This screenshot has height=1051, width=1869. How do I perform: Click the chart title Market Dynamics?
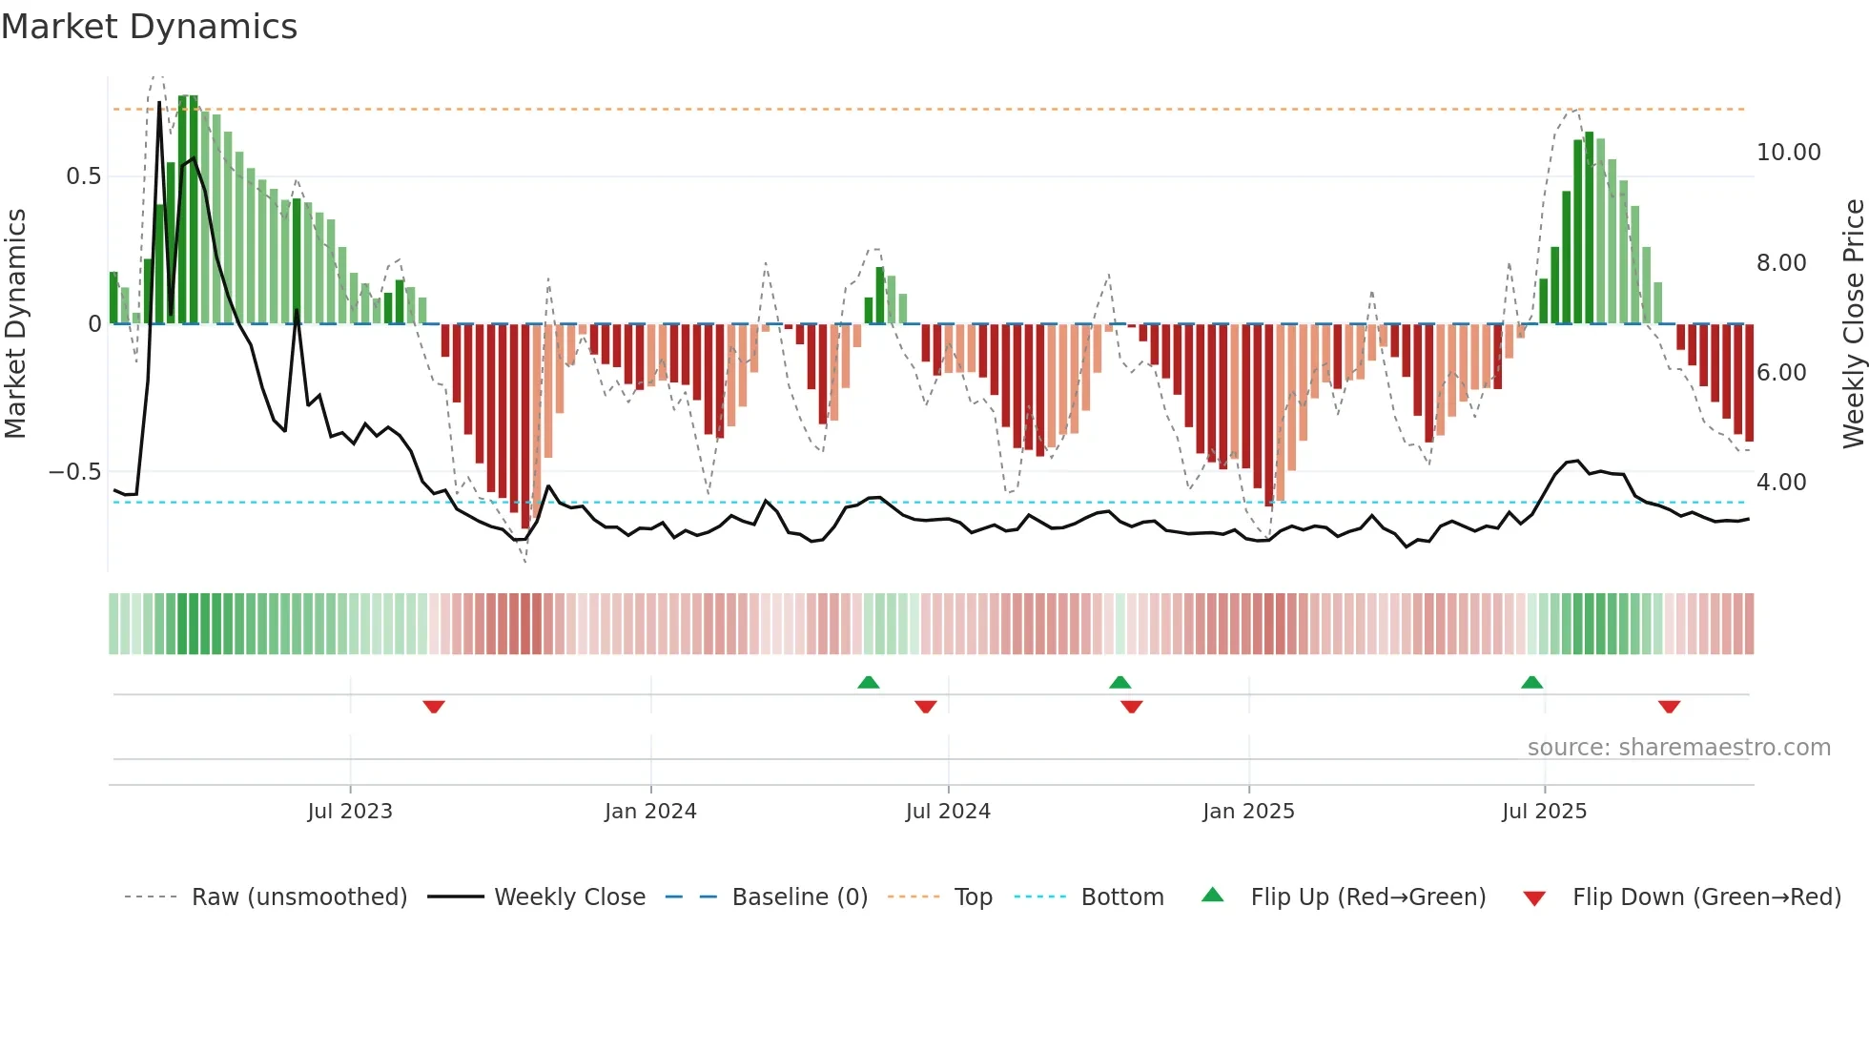click(x=150, y=27)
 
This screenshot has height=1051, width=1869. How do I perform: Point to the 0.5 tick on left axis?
click(x=84, y=176)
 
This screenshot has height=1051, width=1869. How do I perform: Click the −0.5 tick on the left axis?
click(x=75, y=472)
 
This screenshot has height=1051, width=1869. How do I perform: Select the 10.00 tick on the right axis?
click(x=1788, y=153)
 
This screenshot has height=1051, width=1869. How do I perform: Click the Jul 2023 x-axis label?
click(x=350, y=812)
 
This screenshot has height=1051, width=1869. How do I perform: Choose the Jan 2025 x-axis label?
click(x=1248, y=812)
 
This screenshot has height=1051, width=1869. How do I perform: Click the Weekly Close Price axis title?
click(x=1853, y=323)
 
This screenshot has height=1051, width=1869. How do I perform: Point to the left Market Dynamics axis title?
click(x=15, y=323)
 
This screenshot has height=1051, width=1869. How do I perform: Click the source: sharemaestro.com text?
click(x=1678, y=748)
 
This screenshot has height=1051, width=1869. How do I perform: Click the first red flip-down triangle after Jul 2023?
click(x=434, y=707)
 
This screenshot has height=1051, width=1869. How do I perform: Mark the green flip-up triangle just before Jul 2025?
click(x=1531, y=682)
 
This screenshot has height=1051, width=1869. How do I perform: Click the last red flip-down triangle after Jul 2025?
click(x=1669, y=707)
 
